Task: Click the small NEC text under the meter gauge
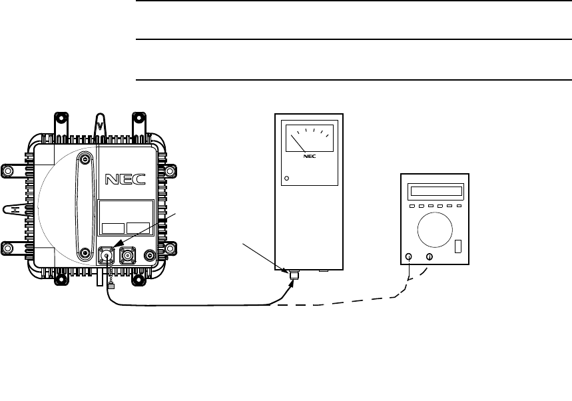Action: (x=308, y=158)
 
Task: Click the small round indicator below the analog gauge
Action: (x=287, y=179)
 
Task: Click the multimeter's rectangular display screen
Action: (x=436, y=192)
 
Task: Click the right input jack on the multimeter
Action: (x=429, y=256)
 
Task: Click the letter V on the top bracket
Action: (x=100, y=125)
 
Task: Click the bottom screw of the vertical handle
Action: (x=85, y=253)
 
